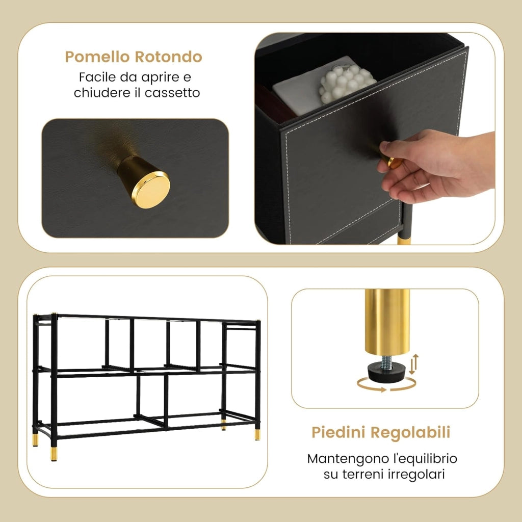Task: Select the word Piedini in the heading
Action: point(339,432)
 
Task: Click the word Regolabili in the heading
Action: point(410,432)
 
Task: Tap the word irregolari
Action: point(411,474)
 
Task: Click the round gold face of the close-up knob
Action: point(151,190)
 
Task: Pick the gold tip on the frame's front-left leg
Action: point(54,454)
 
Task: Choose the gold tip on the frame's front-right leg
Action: point(257,434)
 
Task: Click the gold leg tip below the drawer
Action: point(404,240)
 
